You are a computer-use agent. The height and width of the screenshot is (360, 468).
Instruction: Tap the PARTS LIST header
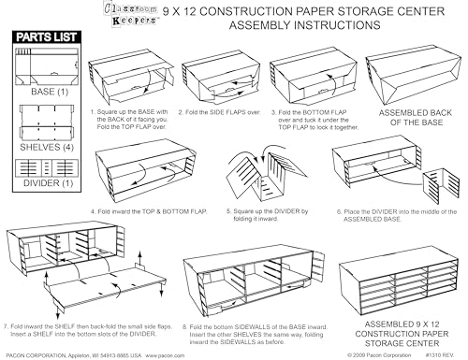pos(43,38)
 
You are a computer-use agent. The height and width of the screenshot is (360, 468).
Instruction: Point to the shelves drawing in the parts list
pos(43,120)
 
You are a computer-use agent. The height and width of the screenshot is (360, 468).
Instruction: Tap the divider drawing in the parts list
pos(43,177)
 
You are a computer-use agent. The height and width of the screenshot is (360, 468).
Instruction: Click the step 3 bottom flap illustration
pos(308,80)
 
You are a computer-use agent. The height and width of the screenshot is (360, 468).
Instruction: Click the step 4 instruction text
pos(148,211)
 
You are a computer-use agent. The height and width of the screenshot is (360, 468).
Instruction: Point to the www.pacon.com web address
pos(164,355)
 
